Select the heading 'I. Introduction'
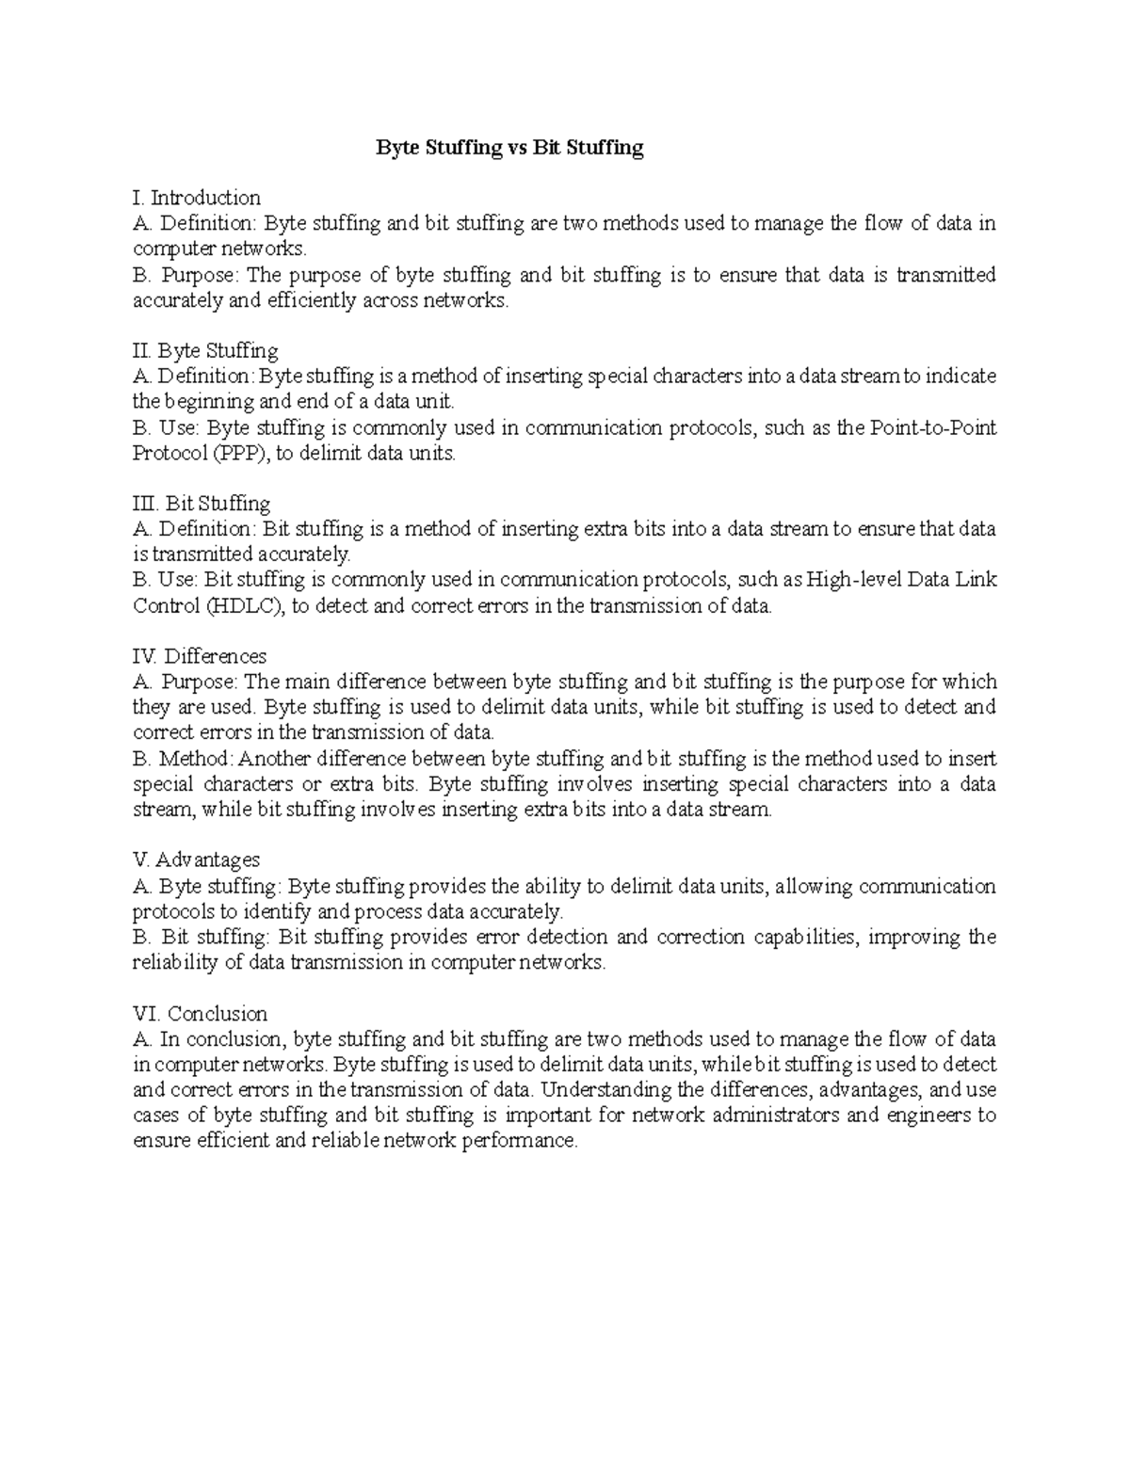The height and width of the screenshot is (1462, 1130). coord(197,198)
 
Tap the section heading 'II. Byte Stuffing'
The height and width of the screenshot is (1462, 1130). coord(205,351)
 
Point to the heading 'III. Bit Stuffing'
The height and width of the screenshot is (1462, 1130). coord(202,504)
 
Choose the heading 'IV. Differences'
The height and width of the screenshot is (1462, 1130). coord(200,656)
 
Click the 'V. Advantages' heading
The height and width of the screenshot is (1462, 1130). coord(197,860)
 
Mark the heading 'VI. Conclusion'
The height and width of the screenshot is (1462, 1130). coord(200,1014)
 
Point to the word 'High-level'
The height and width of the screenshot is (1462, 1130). coord(855,580)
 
